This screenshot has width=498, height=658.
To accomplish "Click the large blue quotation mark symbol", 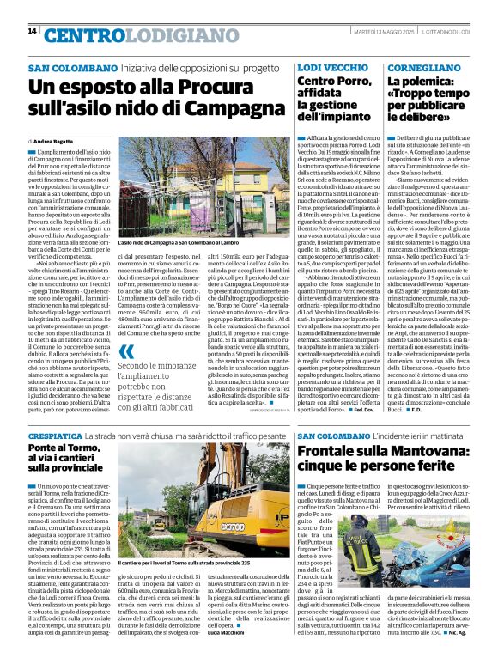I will [x=127, y=351].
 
